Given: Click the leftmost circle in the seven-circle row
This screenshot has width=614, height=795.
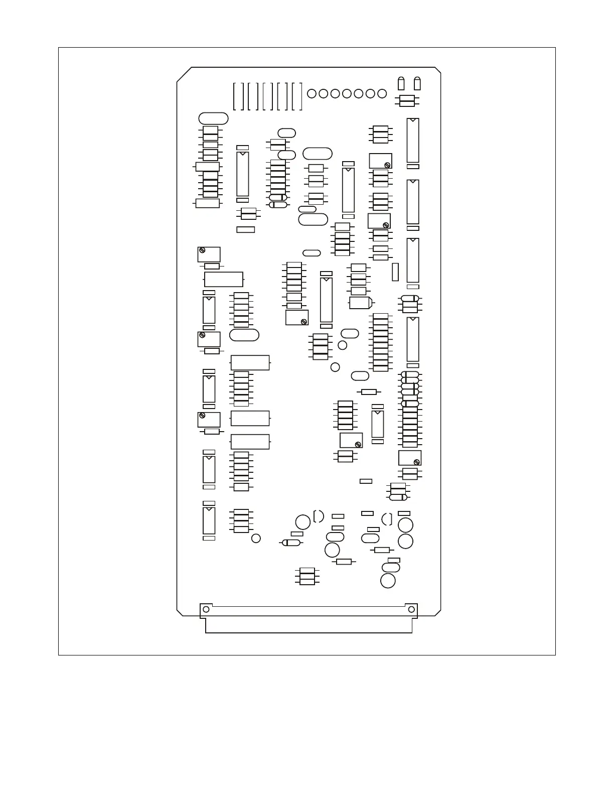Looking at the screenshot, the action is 312,93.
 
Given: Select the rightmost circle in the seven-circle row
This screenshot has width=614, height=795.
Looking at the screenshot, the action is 382,93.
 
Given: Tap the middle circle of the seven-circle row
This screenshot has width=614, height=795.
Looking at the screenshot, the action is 347,93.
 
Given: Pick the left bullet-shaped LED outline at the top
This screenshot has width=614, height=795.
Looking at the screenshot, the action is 401,83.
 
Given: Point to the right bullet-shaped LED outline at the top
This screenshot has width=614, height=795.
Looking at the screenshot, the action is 417,83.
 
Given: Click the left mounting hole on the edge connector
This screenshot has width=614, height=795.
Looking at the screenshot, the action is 206,609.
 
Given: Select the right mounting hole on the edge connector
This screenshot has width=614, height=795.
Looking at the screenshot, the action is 411,609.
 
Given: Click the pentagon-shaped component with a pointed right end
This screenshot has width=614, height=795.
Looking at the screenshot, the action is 361,303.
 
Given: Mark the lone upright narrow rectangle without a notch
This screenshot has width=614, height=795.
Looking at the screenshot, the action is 395,272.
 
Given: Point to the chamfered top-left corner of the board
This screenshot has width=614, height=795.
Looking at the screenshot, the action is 184,74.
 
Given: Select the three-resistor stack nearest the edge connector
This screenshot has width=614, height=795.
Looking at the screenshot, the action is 307,576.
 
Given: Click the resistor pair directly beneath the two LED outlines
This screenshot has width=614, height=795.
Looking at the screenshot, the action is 407,101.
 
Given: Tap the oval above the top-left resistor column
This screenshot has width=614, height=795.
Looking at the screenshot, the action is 213,118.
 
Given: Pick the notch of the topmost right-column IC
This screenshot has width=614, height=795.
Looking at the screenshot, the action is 412,120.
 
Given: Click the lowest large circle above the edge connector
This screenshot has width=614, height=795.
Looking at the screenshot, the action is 388,581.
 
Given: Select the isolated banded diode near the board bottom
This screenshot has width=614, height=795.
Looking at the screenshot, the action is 291,543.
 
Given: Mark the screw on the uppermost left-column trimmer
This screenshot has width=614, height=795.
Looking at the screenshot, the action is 202,250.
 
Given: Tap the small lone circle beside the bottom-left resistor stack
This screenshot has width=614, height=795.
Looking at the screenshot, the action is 256,539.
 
